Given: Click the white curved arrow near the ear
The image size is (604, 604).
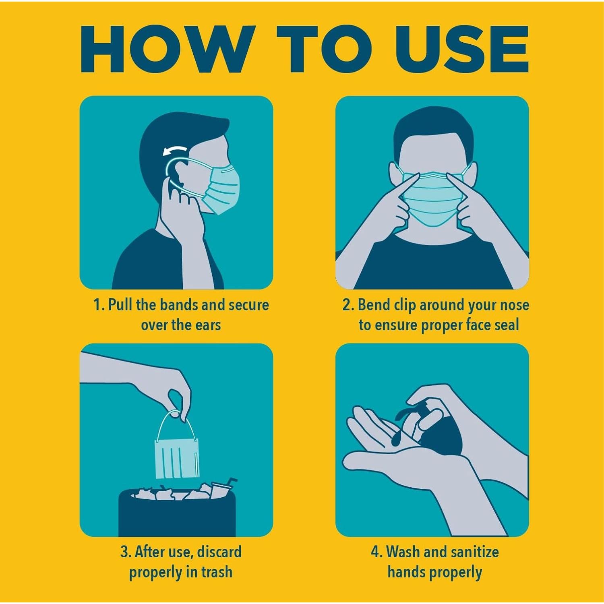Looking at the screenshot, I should pyautogui.click(x=175, y=151).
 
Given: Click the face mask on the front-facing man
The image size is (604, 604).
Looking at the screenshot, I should pyautogui.click(x=433, y=197).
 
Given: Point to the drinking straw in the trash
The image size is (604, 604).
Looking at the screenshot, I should pyautogui.click(x=231, y=482).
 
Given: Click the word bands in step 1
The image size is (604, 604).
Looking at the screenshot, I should pyautogui.click(x=180, y=305).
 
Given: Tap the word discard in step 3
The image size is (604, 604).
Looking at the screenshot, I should pyautogui.click(x=219, y=552).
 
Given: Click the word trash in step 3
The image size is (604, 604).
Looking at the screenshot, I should pyautogui.click(x=217, y=572).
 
